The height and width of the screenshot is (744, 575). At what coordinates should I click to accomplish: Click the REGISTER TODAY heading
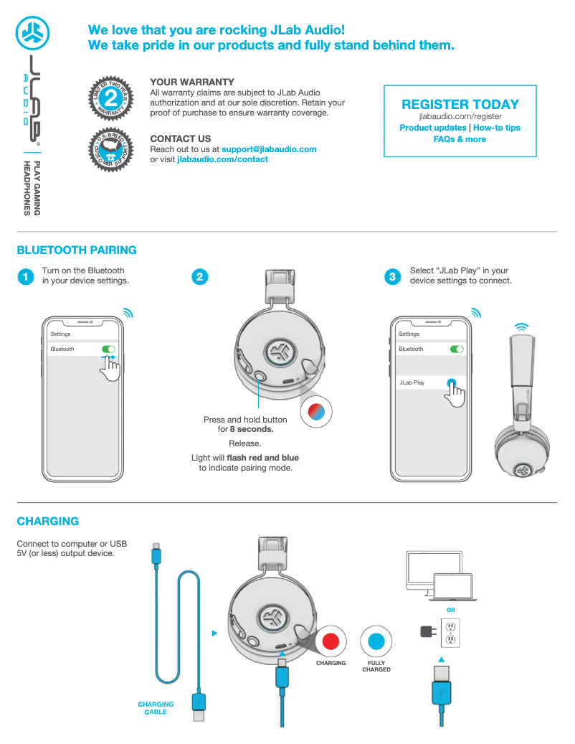pyautogui.click(x=460, y=105)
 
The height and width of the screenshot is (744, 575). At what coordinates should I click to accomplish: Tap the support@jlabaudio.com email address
pyautogui.click(x=269, y=149)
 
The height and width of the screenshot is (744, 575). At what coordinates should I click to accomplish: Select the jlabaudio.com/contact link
pyautogui.click(x=222, y=159)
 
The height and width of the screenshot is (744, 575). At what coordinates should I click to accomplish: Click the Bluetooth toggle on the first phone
pyautogui.click(x=108, y=349)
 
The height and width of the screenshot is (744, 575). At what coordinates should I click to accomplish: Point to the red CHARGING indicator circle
pyautogui.click(x=331, y=641)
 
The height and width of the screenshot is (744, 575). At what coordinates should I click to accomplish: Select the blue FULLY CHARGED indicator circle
pyautogui.click(x=376, y=641)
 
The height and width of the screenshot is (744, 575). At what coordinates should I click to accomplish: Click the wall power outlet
pyautogui.click(x=450, y=632)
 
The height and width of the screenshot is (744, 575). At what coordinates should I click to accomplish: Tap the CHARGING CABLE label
pyautogui.click(x=156, y=708)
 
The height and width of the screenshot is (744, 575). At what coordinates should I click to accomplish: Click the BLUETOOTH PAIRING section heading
pyautogui.click(x=77, y=250)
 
